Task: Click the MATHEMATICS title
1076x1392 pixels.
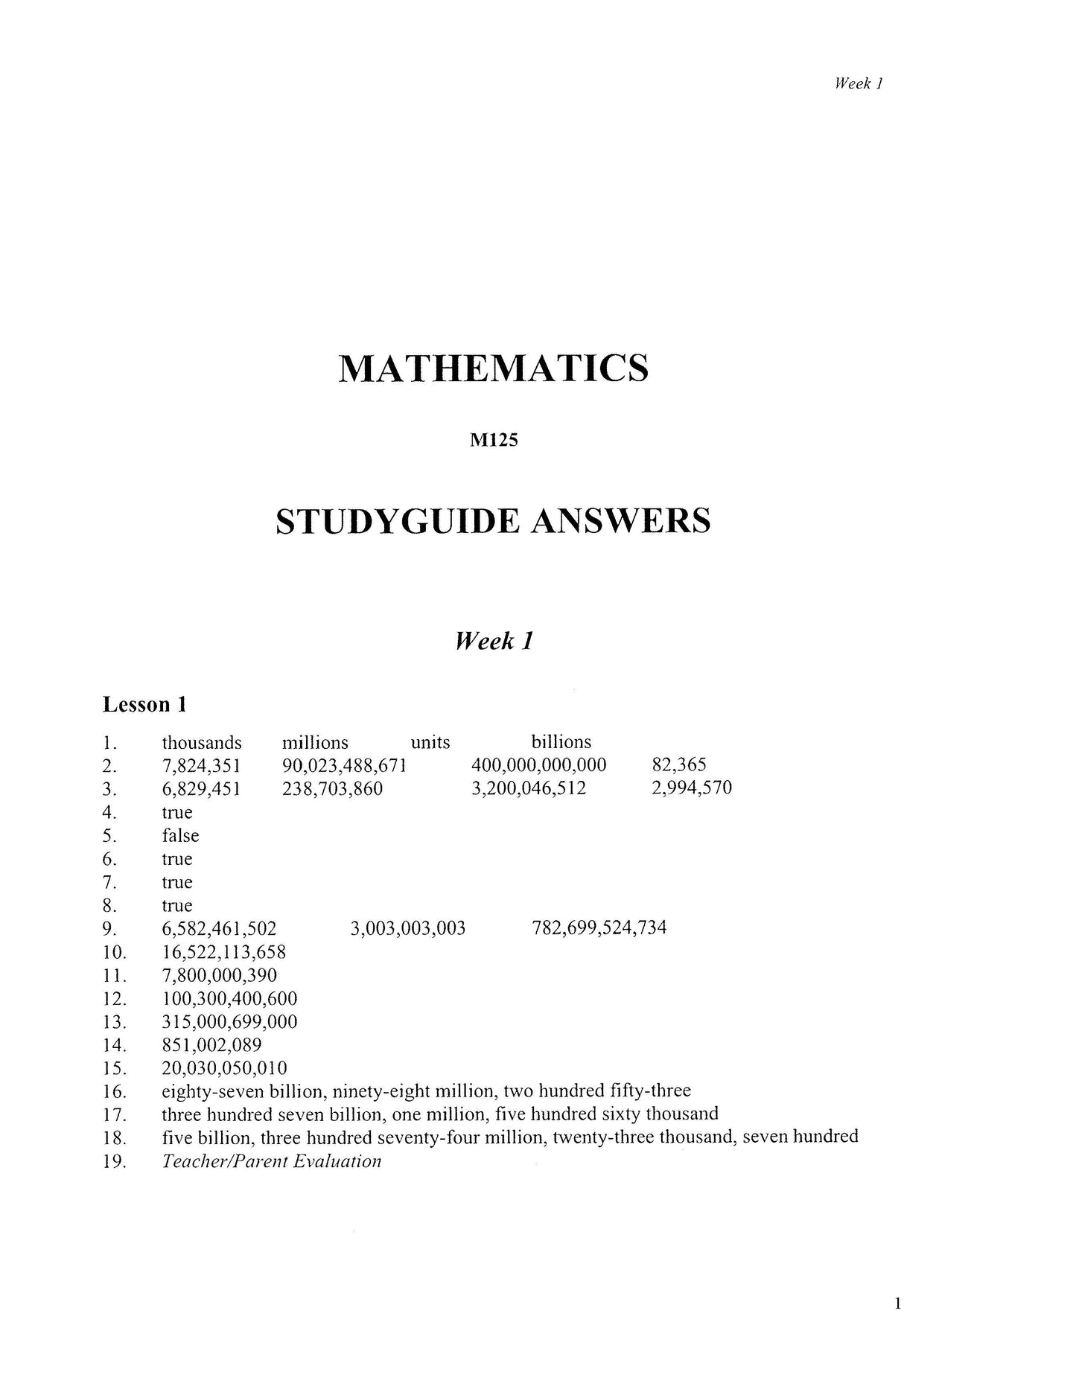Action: [x=493, y=368]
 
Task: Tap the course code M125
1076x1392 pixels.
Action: [x=494, y=441]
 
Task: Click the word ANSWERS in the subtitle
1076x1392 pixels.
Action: [x=620, y=521]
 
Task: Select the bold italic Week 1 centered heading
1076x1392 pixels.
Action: [x=494, y=641]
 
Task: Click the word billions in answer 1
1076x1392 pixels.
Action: [x=561, y=742]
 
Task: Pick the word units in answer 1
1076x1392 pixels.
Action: [x=430, y=742]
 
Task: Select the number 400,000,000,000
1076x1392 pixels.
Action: [x=538, y=765]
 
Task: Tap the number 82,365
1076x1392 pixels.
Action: [x=678, y=765]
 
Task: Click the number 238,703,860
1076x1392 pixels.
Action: [x=332, y=788]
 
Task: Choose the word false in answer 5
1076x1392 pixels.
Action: [x=180, y=835]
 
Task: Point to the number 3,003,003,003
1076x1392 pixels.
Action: [x=407, y=928]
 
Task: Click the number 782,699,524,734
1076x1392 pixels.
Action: [x=599, y=928]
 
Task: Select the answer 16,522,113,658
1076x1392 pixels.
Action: [x=223, y=952]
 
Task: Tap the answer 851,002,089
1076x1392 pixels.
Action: [x=211, y=1045]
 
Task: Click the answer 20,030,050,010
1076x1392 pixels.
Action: [x=224, y=1068]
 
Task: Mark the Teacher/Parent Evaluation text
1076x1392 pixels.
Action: [x=271, y=1161]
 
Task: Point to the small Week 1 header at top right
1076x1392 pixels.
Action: [x=858, y=83]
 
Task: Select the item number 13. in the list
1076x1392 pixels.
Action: [x=114, y=1022]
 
